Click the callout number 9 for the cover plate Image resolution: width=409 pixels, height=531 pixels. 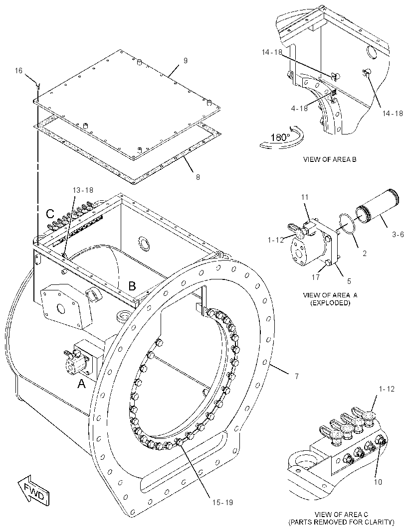(x=186, y=61)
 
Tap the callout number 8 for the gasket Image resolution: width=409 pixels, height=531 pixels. (x=198, y=177)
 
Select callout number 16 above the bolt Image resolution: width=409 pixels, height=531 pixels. (x=18, y=70)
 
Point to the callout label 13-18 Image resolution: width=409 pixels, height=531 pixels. (x=83, y=190)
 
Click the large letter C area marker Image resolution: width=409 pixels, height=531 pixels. (x=50, y=214)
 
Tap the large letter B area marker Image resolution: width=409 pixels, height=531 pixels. (x=132, y=286)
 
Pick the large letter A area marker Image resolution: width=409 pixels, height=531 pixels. (x=81, y=384)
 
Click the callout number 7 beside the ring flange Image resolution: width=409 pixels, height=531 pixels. (x=296, y=376)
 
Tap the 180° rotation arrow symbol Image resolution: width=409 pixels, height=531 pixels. (x=282, y=137)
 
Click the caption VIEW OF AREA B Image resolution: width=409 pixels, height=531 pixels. (x=330, y=159)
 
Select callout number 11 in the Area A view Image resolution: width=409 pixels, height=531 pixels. (x=305, y=197)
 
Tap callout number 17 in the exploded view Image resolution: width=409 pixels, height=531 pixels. (x=316, y=277)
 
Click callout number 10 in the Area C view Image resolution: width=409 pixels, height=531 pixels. (x=378, y=482)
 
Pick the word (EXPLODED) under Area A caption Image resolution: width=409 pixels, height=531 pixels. (x=330, y=303)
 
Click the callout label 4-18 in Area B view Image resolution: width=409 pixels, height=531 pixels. (x=299, y=108)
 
